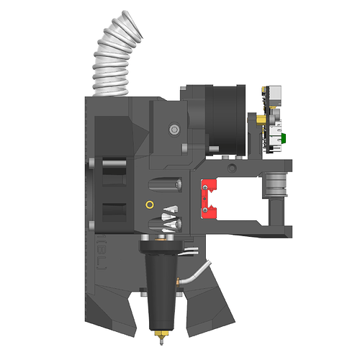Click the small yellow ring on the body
149,204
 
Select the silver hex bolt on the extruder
173,130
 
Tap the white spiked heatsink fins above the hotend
171,216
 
